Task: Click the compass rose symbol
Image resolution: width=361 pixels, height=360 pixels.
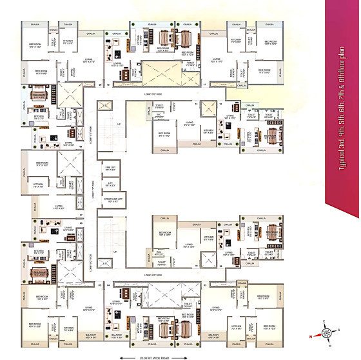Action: click(326, 333)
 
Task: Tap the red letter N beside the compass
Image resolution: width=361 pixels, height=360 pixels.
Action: click(310, 336)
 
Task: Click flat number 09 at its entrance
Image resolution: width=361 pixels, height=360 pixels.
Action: click(101, 84)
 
